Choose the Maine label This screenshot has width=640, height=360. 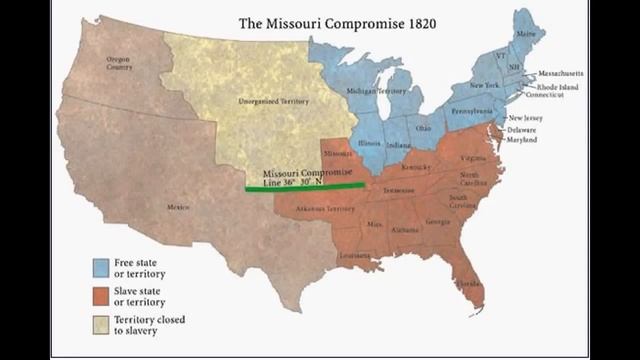click(x=523, y=35)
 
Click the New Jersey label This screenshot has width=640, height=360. click(x=527, y=118)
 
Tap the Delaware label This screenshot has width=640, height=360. click(x=521, y=130)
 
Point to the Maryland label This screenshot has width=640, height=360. click(x=521, y=139)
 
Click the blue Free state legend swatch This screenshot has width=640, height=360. click(x=102, y=267)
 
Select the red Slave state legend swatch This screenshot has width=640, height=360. click(x=102, y=296)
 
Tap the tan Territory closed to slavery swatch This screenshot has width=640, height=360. click(x=102, y=325)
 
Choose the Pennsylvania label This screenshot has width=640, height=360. click(x=471, y=111)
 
